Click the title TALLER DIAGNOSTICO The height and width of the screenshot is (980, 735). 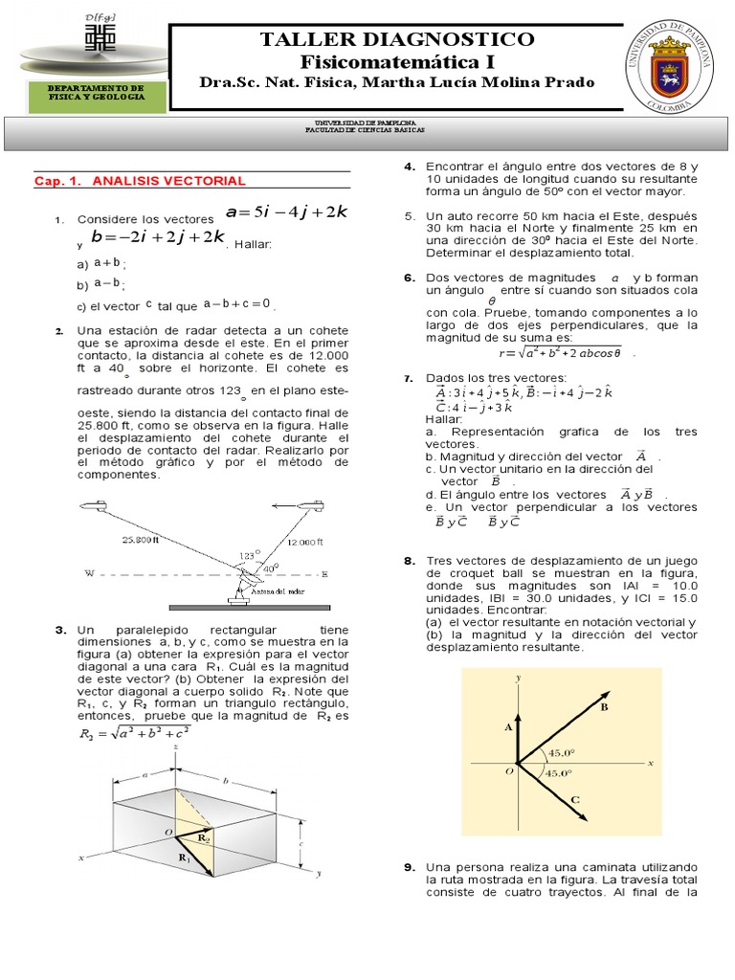click(x=397, y=39)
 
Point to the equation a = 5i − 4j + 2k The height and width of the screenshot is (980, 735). click(x=286, y=212)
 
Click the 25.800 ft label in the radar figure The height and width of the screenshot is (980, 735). click(x=141, y=540)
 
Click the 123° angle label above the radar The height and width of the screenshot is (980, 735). click(x=248, y=555)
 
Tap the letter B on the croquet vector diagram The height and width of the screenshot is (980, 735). click(x=604, y=707)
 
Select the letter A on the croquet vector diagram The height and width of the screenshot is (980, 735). click(x=508, y=727)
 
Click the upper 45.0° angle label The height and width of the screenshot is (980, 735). click(x=559, y=752)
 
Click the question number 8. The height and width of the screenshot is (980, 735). click(x=409, y=560)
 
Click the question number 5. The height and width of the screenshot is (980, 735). click(x=409, y=215)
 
